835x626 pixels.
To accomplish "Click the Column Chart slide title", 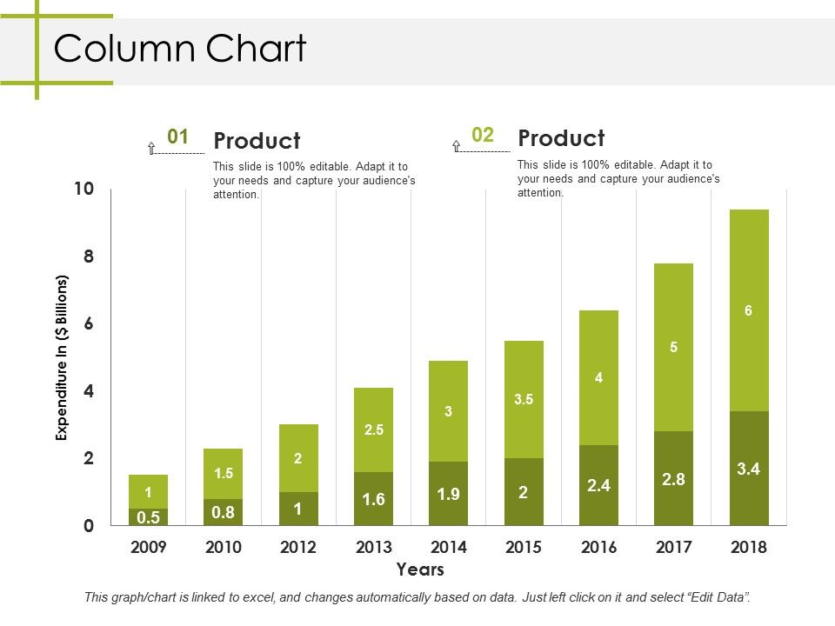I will coord(180,50).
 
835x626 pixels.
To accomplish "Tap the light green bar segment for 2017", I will coord(674,348).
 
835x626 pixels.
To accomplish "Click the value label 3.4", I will coord(749,469).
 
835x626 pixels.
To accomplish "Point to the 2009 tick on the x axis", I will coord(149,547).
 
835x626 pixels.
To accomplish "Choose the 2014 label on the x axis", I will coord(449,547).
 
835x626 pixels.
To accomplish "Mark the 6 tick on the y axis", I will coord(88,324).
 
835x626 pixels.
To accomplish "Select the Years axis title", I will coord(420,570).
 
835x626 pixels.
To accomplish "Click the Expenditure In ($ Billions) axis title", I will coord(62,358).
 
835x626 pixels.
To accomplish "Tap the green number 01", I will coord(177,137).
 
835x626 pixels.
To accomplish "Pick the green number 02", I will coord(483,135).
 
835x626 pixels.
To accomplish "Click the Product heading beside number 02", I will coord(561,138).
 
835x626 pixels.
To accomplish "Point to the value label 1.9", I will coord(448,494).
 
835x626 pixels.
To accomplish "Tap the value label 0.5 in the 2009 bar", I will coord(149,517).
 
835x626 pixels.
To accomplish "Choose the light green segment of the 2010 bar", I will coord(224,473).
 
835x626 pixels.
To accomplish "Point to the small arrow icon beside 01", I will coord(151,149).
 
